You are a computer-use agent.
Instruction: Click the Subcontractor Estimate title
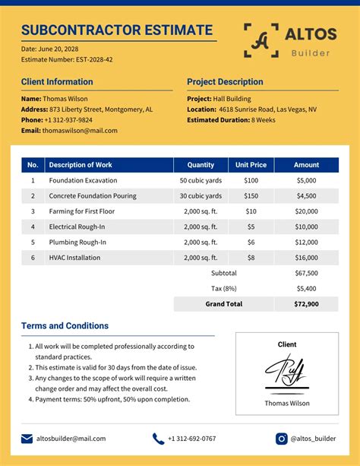point(117,30)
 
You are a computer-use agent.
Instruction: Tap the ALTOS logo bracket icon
point(261,40)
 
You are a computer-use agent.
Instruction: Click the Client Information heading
point(58,82)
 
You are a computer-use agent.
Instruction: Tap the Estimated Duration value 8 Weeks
point(263,120)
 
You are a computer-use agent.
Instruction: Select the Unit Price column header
point(251,164)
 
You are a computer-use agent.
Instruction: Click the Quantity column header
point(201,164)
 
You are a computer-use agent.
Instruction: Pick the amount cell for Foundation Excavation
point(306,181)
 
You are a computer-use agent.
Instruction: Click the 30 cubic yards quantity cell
point(201,196)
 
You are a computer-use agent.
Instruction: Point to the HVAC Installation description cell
point(74,258)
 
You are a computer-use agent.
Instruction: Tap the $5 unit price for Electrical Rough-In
point(251,227)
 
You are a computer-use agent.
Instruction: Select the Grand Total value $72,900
point(306,304)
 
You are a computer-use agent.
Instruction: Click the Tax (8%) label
point(223,289)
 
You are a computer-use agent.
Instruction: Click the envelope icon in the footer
point(27,439)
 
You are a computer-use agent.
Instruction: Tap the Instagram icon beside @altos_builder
point(282,439)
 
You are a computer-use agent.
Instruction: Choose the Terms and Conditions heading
point(65,326)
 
